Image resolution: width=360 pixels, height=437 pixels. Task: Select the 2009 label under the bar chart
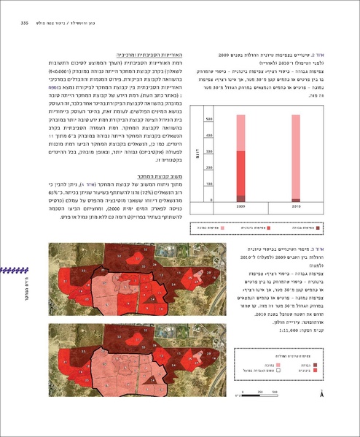click(241, 207)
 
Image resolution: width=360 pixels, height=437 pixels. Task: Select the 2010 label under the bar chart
click(297, 207)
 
